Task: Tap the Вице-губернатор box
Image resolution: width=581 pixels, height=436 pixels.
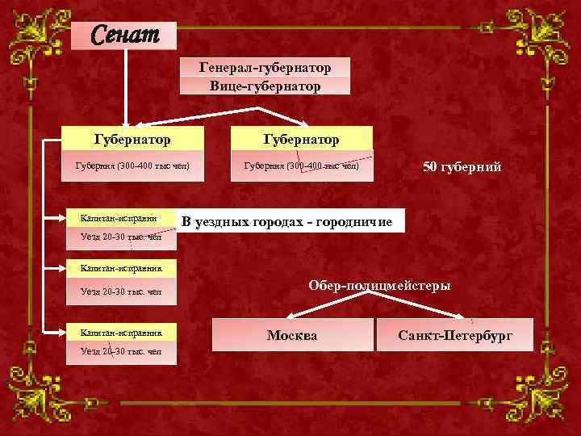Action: (x=265, y=85)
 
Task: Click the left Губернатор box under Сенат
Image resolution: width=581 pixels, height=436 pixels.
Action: (x=132, y=139)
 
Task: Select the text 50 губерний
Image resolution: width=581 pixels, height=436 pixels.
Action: (x=462, y=167)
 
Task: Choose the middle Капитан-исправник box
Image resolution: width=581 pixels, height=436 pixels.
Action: (x=121, y=267)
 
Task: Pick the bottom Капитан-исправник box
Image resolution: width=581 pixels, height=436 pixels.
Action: (x=121, y=332)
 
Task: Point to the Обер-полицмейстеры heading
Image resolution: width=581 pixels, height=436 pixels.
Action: (x=379, y=285)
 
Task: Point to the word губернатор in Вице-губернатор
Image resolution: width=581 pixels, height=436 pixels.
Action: (x=283, y=85)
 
